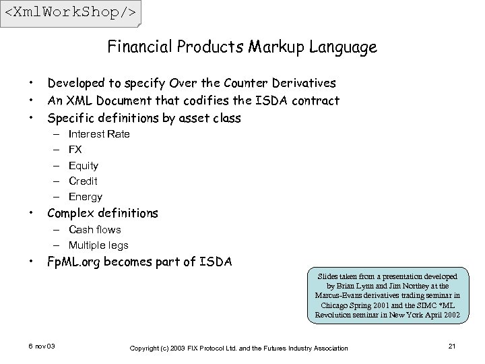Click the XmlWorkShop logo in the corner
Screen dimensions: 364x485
pos(71,13)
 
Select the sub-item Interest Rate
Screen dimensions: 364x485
pos(99,133)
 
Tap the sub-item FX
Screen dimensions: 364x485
pos(75,149)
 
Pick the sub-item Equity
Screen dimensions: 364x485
pos(84,165)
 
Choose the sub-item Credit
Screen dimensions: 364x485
pos(83,181)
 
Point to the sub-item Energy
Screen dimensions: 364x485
pos(86,197)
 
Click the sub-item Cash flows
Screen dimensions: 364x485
pos(95,229)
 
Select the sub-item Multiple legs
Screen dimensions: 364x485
pos(98,245)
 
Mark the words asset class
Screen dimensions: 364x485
pos(209,118)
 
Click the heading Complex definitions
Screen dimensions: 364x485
pos(102,214)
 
